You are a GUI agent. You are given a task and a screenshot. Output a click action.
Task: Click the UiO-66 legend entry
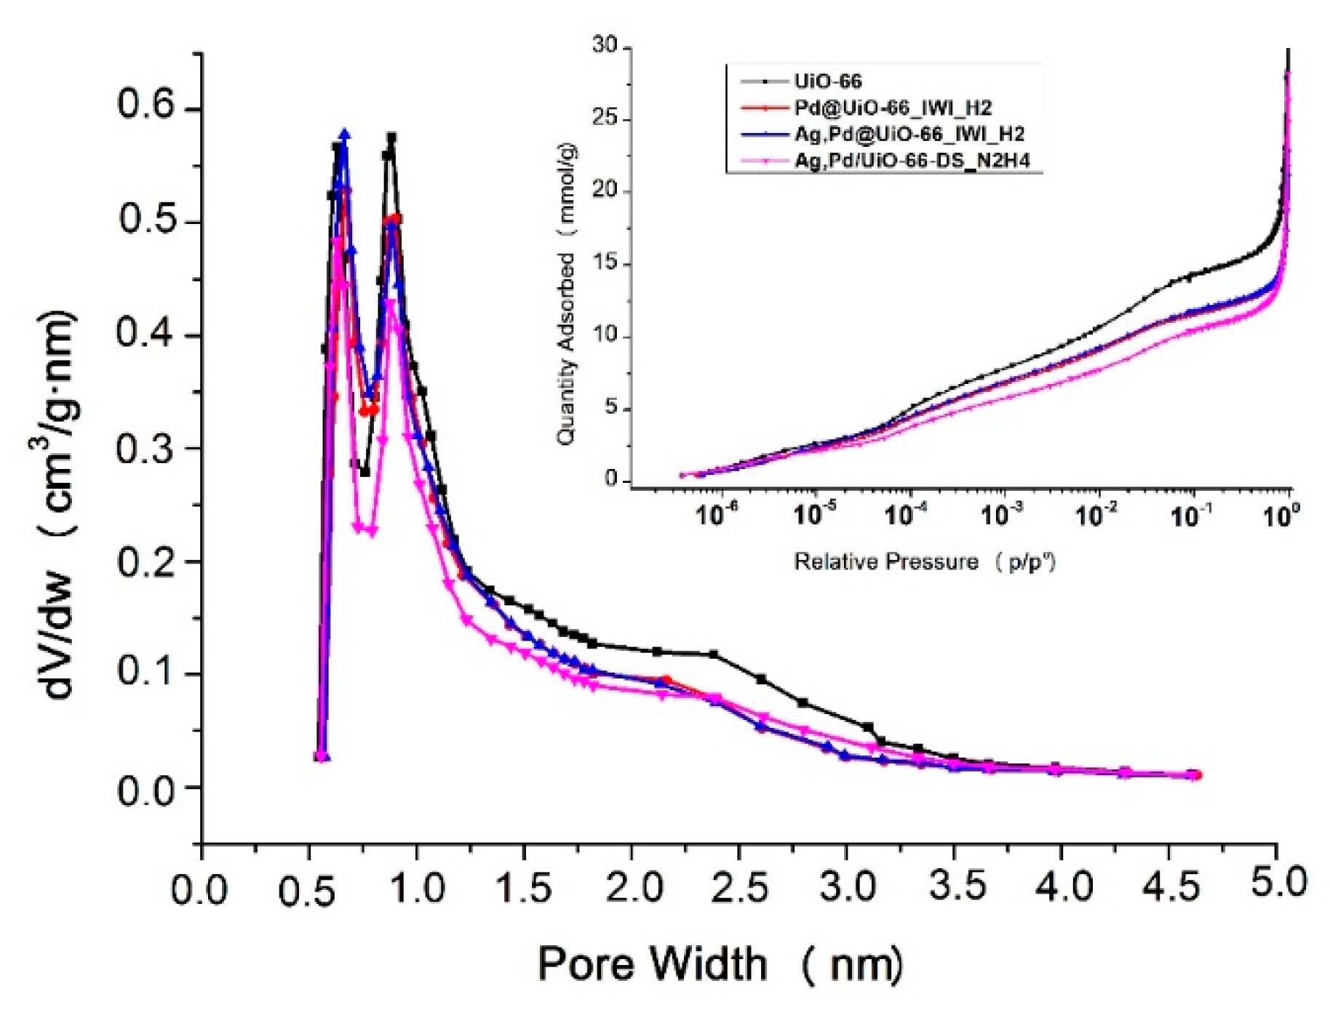(827, 81)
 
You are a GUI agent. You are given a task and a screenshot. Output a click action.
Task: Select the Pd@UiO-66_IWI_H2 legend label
(892, 108)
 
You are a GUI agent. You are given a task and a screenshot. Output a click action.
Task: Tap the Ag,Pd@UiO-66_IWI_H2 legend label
(909, 135)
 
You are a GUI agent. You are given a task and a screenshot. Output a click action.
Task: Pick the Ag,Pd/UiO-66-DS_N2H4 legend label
(912, 161)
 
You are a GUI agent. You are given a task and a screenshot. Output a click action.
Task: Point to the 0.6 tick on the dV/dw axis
(146, 106)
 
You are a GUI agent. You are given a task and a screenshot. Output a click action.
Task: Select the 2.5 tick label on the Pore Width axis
(738, 888)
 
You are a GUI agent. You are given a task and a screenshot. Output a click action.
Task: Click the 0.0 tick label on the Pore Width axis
(199, 889)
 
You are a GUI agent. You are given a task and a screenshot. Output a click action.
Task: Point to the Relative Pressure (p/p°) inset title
(924, 562)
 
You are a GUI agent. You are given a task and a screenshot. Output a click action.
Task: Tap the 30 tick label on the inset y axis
(604, 45)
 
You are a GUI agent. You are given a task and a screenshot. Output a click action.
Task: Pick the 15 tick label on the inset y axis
(604, 263)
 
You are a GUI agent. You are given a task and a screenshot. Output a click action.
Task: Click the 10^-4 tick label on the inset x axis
(906, 516)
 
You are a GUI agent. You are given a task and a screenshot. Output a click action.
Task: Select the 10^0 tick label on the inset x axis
(1281, 516)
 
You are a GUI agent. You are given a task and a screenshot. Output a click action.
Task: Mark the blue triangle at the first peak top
(345, 135)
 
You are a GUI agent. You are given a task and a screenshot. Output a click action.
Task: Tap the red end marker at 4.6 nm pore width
(1198, 776)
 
